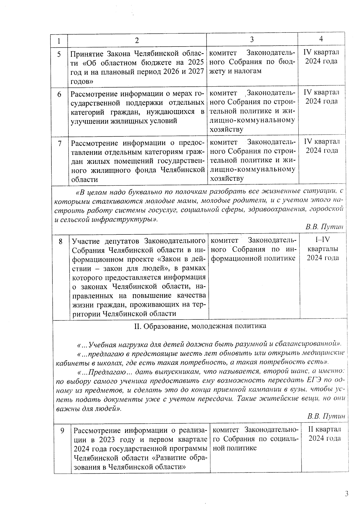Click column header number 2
(x=137, y=41)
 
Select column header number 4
(x=321, y=39)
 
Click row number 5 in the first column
(x=59, y=54)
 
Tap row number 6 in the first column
(x=59, y=94)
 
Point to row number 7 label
(x=60, y=143)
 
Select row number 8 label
(x=61, y=242)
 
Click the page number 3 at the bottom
(x=347, y=494)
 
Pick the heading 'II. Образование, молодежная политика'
(x=200, y=326)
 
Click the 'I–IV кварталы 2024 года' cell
(x=322, y=249)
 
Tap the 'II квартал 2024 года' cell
(x=325, y=434)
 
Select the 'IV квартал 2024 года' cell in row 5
(x=321, y=57)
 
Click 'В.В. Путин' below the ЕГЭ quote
(x=326, y=416)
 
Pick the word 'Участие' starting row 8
(x=87, y=241)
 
